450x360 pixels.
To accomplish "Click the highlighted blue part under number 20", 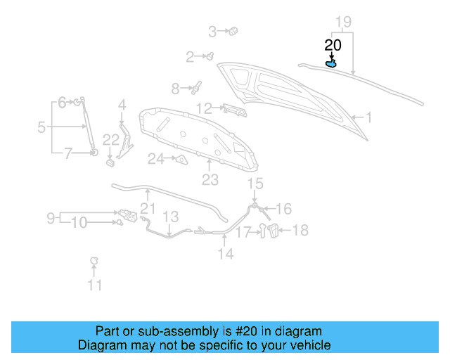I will [331, 64].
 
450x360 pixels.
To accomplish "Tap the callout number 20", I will [333, 45].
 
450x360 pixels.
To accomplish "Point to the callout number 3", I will [212, 31].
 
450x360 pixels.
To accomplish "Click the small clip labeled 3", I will [234, 31].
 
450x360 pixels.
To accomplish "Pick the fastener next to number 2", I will [210, 56].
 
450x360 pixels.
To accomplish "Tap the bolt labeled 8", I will [196, 88].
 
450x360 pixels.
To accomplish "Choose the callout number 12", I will [204, 108].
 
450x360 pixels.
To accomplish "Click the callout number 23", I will [210, 180].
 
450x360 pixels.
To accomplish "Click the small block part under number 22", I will [110, 163].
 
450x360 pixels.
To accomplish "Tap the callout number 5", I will [41, 127].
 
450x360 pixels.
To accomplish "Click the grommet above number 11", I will [94, 262].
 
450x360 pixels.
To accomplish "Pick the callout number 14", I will [225, 254].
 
